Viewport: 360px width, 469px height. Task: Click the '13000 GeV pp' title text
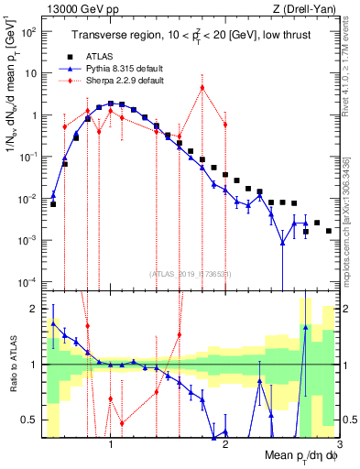pyautogui.click(x=72, y=8)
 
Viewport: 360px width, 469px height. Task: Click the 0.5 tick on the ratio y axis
pyautogui.click(x=29, y=420)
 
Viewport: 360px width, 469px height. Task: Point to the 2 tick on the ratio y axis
pyautogui.click(x=33, y=308)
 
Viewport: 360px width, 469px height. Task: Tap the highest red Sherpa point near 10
pyautogui.click(x=202, y=88)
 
